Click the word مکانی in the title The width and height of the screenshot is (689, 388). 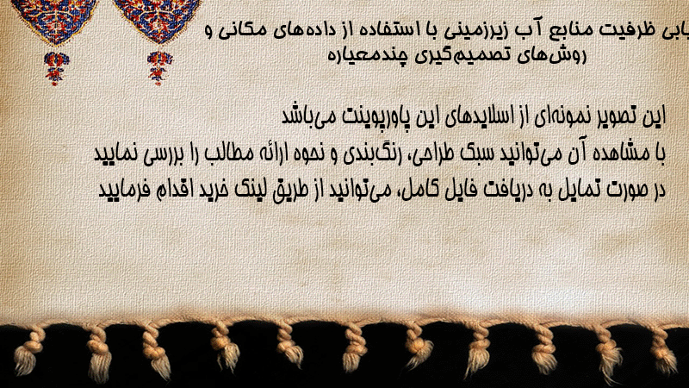point(245,30)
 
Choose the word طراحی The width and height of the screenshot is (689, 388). point(420,153)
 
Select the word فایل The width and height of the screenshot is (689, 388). point(448,190)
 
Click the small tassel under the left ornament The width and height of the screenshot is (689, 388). point(56,68)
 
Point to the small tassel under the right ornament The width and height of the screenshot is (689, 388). point(159,67)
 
